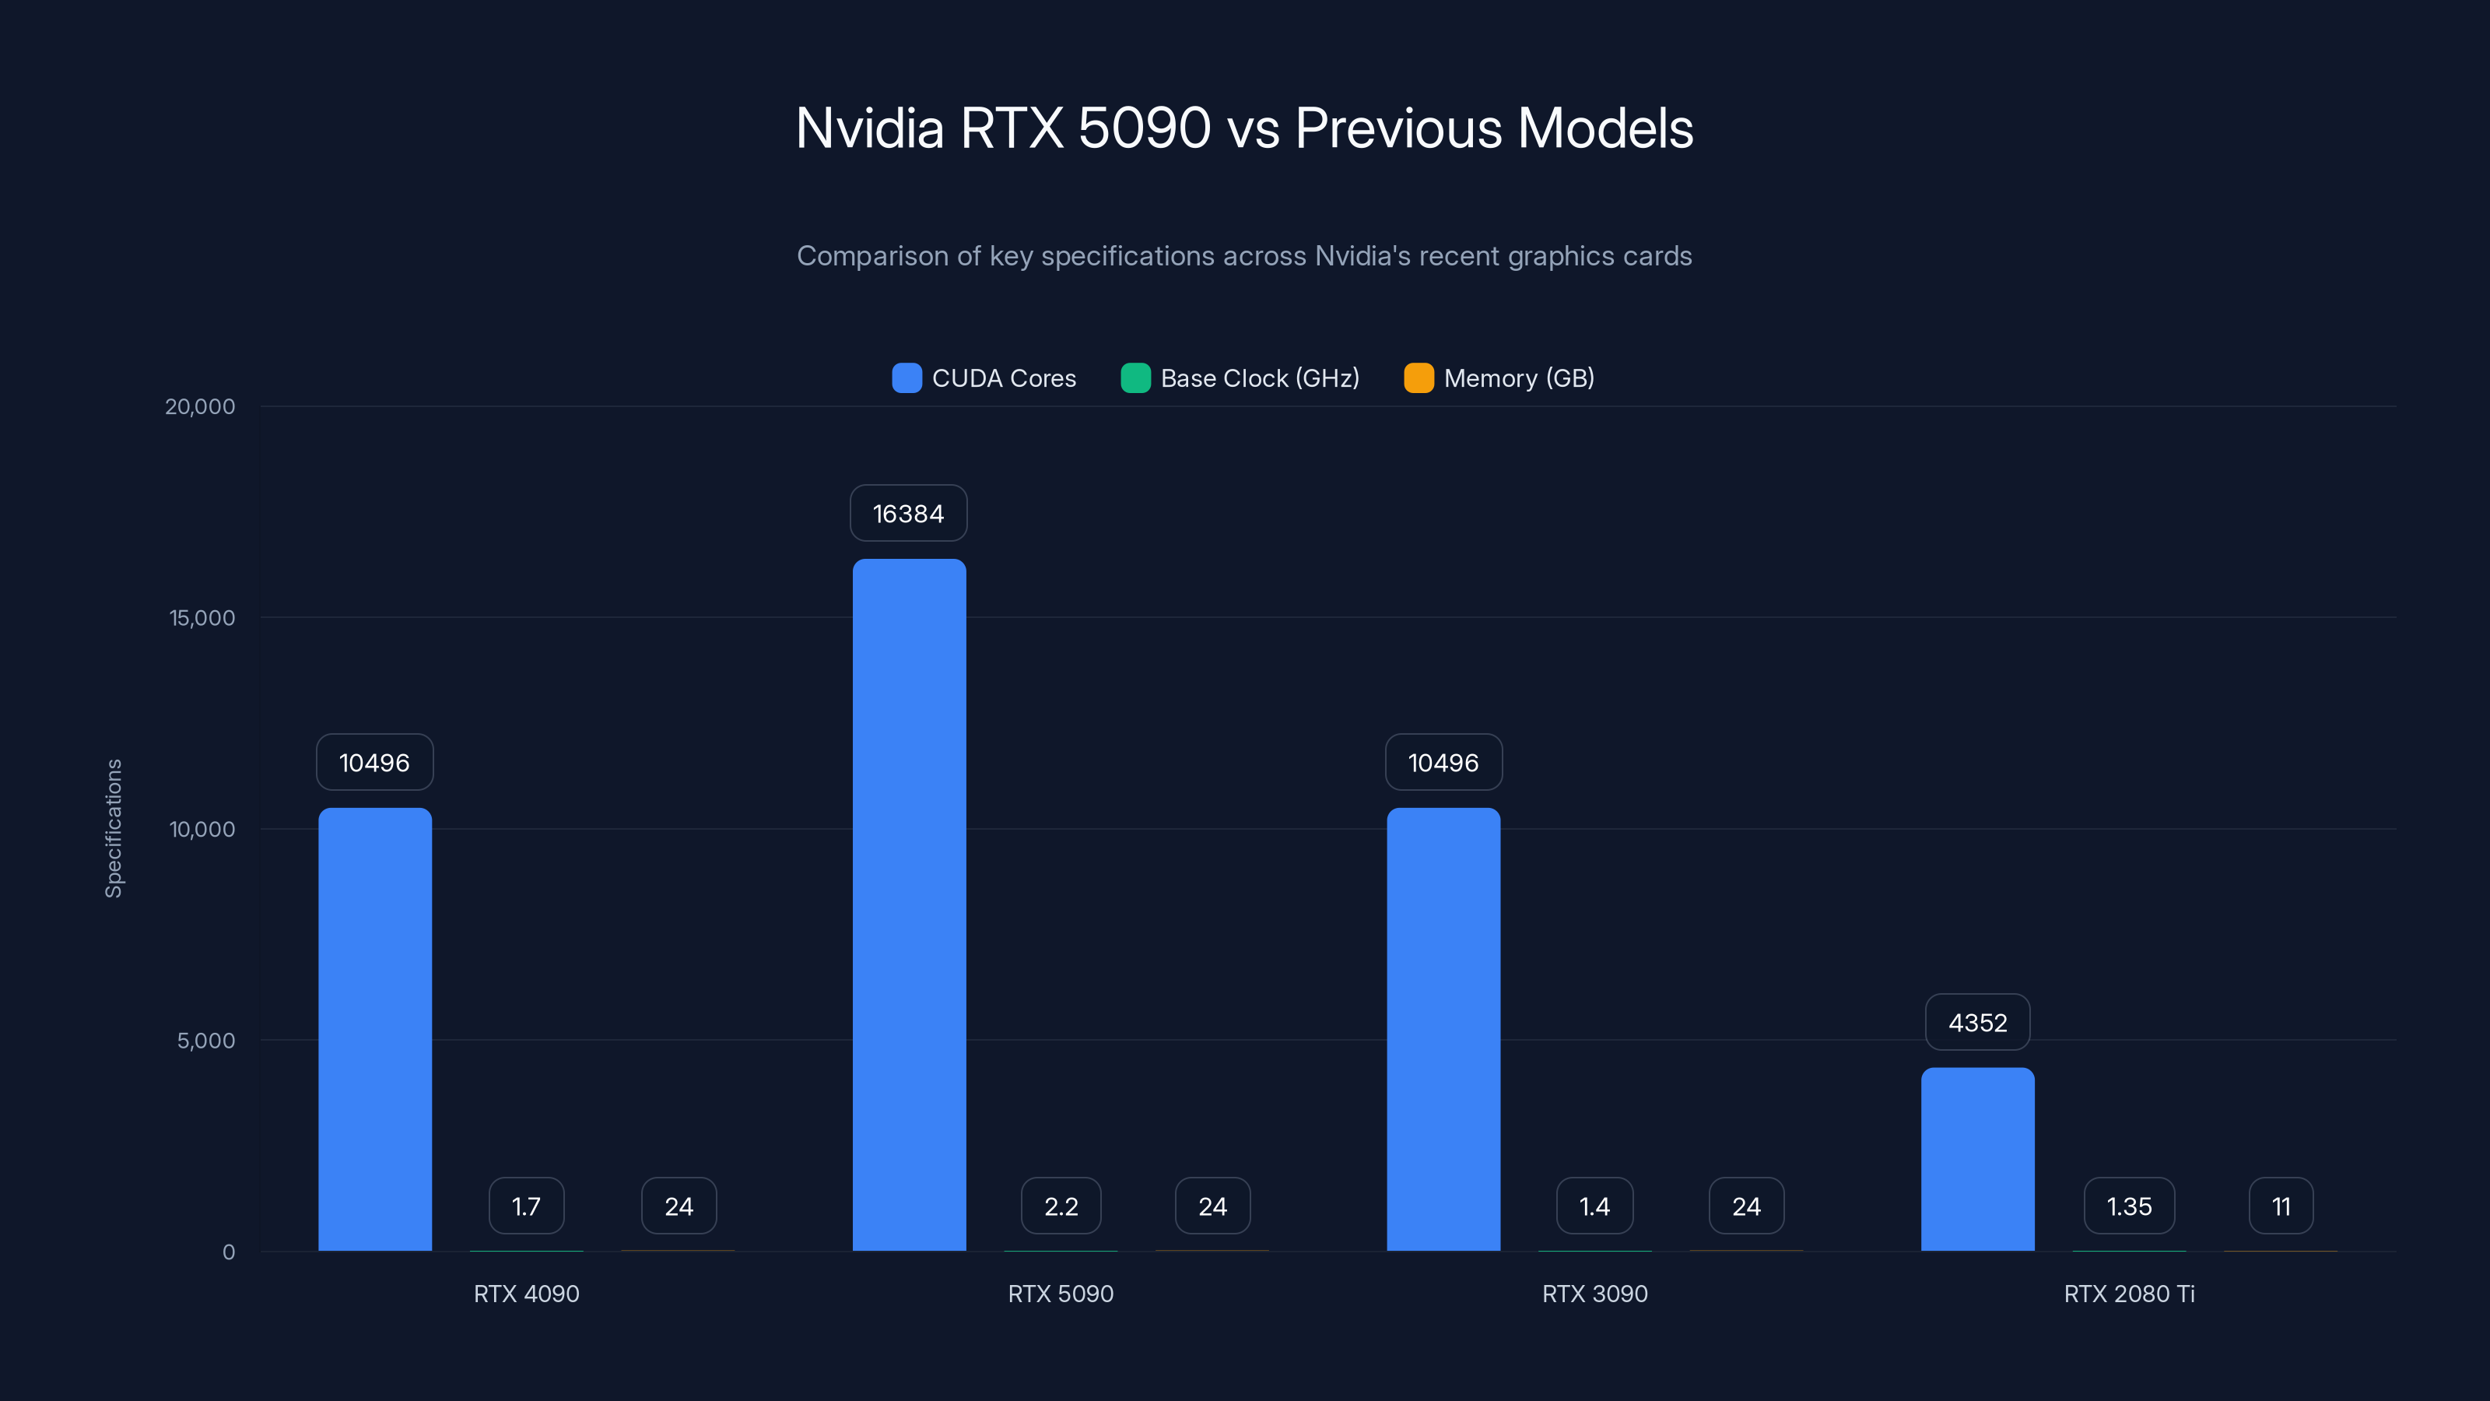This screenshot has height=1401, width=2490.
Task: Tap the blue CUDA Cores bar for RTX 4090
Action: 375,1029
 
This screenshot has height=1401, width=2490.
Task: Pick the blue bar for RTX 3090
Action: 1443,1029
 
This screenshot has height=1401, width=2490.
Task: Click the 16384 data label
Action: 907,514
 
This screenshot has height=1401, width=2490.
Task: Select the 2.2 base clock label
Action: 1061,1206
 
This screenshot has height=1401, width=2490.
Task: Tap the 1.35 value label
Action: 2128,1206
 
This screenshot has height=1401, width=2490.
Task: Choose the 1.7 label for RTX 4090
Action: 526,1206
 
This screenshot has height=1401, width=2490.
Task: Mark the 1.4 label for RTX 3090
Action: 1594,1206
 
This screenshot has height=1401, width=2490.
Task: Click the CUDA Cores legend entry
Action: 984,378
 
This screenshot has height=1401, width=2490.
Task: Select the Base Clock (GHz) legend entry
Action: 1240,378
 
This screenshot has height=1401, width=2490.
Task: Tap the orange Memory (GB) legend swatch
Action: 1418,378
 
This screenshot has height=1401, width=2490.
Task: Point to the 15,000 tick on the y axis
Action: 202,618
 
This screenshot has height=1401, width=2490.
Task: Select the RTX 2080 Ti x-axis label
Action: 2128,1294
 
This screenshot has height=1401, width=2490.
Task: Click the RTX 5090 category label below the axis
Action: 1061,1294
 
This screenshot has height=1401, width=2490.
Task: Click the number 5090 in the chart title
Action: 1144,128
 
